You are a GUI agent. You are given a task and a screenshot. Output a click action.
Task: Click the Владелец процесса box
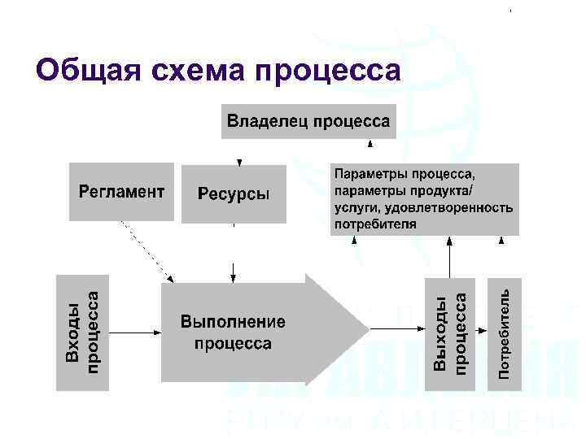(308, 122)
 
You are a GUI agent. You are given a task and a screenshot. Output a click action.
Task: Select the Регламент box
(121, 192)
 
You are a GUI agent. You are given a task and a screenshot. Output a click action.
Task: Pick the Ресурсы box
(234, 193)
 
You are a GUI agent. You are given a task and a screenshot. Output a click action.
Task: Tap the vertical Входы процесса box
(82, 333)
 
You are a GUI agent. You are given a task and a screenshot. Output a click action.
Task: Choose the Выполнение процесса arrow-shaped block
(244, 329)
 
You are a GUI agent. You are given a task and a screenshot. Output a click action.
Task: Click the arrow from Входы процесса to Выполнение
(134, 331)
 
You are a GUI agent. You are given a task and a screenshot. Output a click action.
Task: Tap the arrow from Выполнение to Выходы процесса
(397, 329)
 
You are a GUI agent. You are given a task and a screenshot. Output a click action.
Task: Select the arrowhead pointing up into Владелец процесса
(370, 144)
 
